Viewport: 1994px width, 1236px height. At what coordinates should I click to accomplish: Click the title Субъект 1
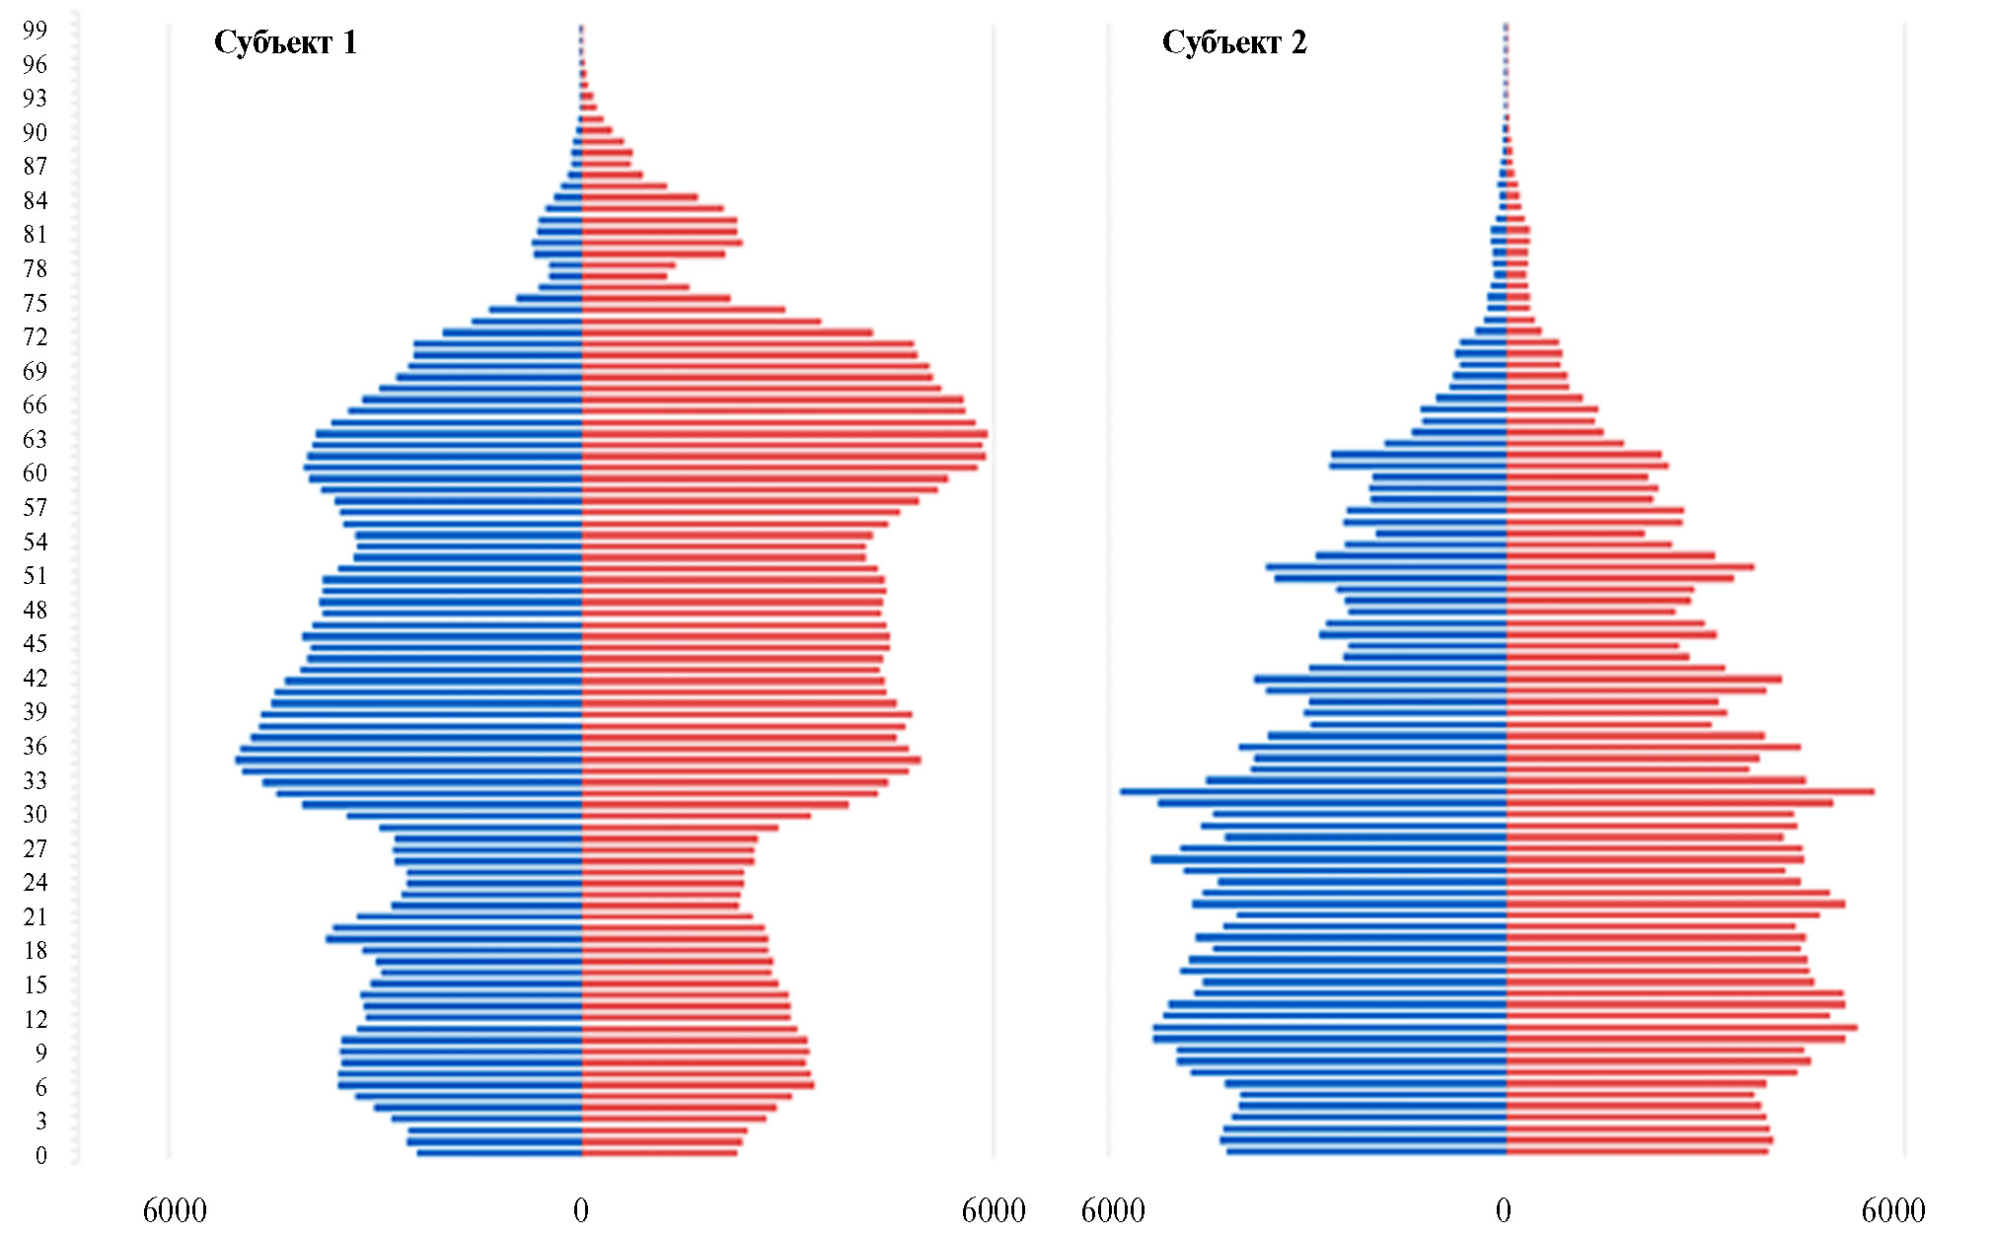click(285, 42)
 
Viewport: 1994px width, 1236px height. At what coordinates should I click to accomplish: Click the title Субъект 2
click(1234, 42)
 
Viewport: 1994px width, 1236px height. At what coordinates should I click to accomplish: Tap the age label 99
click(36, 30)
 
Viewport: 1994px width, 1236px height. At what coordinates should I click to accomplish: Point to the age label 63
click(36, 439)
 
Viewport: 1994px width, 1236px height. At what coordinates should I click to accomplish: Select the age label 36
click(36, 746)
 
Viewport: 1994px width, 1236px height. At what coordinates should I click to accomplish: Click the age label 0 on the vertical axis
click(40, 1155)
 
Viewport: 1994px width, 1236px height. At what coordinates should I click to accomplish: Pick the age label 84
click(36, 200)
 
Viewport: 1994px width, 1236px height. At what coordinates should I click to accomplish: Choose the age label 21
click(36, 916)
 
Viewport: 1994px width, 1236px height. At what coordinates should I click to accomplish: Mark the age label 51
click(36, 575)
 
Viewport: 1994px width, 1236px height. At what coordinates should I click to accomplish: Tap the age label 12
click(36, 1019)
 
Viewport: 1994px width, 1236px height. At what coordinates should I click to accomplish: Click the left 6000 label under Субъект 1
click(175, 1210)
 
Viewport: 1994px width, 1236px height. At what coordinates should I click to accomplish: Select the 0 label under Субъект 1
click(581, 1210)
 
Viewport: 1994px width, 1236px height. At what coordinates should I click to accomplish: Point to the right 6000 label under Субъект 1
click(994, 1210)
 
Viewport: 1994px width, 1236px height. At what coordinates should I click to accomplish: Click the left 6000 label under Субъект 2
click(1113, 1210)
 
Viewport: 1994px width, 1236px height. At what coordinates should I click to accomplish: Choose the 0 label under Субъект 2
click(1504, 1210)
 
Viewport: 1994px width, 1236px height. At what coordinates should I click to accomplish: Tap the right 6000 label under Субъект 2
click(1893, 1210)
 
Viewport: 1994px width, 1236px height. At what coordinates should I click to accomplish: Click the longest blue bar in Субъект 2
click(1312, 791)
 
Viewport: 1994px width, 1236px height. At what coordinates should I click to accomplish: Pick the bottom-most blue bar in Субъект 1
click(499, 1152)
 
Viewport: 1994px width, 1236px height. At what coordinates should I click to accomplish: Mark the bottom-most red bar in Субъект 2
click(1637, 1151)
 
